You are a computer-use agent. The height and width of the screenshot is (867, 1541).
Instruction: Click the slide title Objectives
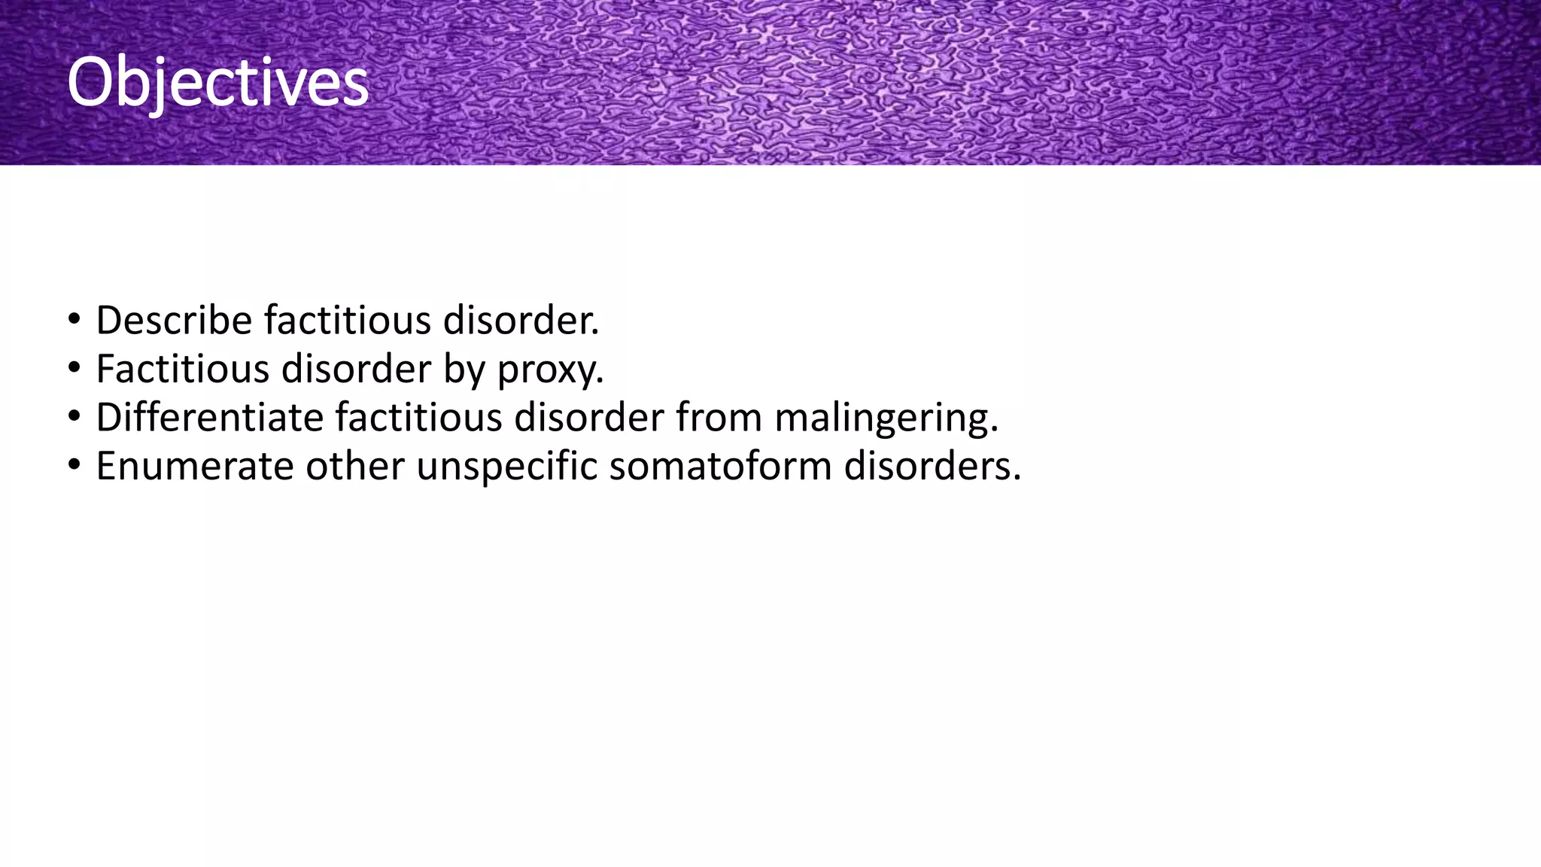[x=217, y=82]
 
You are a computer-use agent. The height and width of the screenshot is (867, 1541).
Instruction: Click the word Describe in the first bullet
[x=174, y=321]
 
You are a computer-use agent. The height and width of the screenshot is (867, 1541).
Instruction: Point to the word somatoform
[x=720, y=467]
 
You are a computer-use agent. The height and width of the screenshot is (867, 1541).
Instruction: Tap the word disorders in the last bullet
[x=932, y=467]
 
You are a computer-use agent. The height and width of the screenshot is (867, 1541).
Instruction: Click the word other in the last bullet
[x=354, y=467]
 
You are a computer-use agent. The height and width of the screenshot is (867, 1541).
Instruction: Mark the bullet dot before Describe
[x=74, y=319]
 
